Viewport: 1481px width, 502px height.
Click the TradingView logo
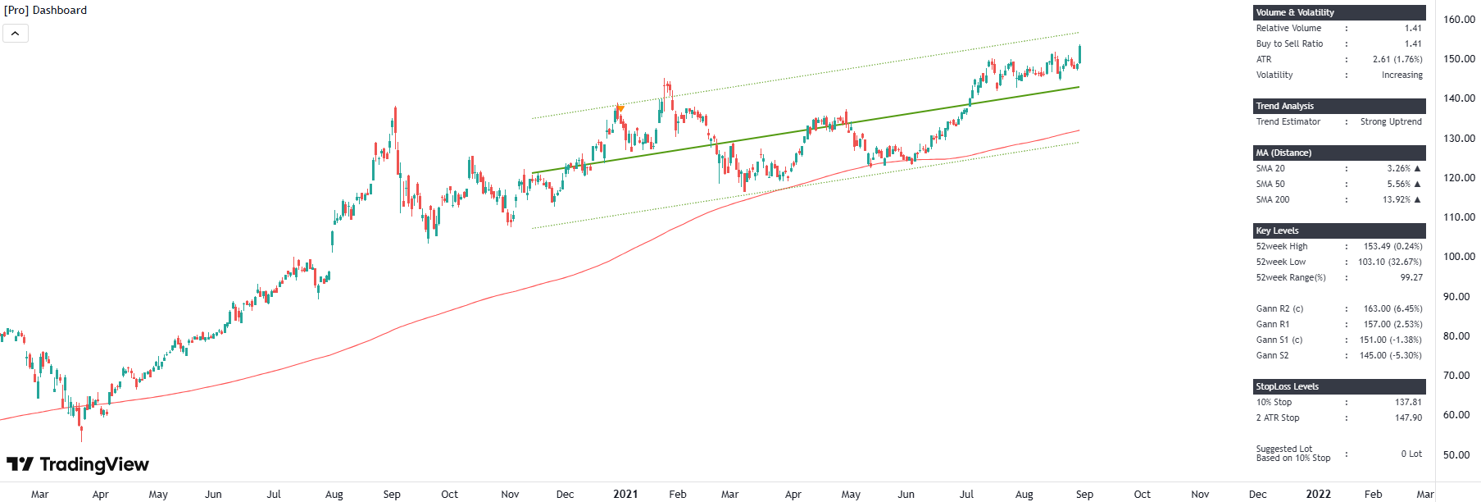(x=78, y=464)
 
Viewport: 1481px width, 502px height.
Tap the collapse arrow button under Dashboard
(x=16, y=34)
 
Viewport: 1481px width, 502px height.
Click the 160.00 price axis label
(x=1459, y=20)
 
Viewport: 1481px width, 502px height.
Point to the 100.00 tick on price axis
(x=1459, y=257)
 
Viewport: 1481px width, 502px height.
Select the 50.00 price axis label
(x=1459, y=455)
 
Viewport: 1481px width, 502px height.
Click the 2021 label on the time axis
(x=625, y=494)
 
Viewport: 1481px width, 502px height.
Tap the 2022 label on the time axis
(x=1318, y=494)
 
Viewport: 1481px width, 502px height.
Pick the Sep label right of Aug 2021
(x=1084, y=494)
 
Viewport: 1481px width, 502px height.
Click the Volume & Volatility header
(x=1295, y=12)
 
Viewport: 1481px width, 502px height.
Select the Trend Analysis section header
(x=1284, y=106)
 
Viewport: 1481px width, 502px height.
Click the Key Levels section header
(x=1277, y=230)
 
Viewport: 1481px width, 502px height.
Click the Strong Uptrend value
(x=1391, y=121)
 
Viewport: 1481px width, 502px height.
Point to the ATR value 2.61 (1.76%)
(x=1397, y=59)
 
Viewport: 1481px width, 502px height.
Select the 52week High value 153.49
(x=1392, y=246)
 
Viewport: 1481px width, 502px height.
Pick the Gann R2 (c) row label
(x=1279, y=308)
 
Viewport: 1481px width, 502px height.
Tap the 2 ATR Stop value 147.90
(x=1408, y=418)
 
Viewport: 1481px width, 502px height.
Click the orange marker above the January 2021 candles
(x=620, y=108)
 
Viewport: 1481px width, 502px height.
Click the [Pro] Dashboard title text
(x=46, y=10)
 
